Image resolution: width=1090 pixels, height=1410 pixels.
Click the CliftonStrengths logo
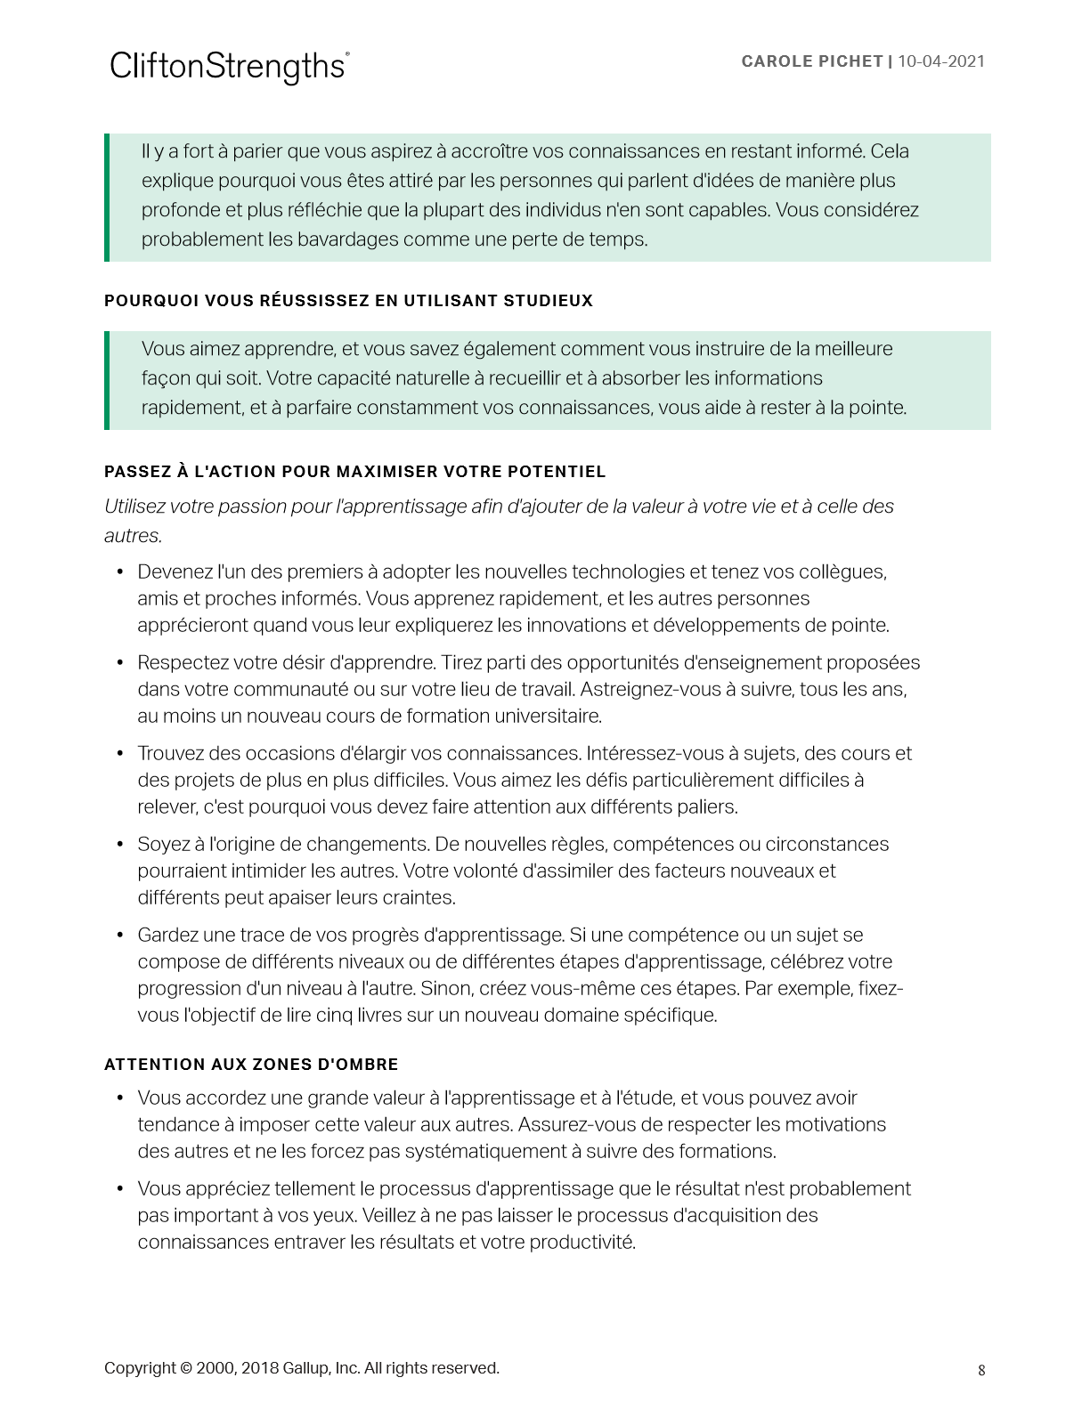pyautogui.click(x=229, y=67)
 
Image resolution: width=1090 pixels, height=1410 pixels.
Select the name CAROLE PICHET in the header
pyautogui.click(x=811, y=61)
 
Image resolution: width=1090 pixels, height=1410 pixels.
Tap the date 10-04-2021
pyautogui.click(x=941, y=61)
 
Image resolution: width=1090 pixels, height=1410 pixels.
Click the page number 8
pyautogui.click(x=981, y=1370)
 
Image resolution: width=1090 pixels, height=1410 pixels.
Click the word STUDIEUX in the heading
pyautogui.click(x=549, y=301)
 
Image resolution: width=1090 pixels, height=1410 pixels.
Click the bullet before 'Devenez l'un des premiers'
pyautogui.click(x=120, y=571)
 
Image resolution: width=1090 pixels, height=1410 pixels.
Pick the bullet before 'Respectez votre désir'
pyautogui.click(x=120, y=662)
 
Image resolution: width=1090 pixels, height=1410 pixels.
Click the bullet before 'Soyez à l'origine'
pyautogui.click(x=120, y=844)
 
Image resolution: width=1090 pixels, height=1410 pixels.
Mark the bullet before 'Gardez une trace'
pyautogui.click(x=120, y=935)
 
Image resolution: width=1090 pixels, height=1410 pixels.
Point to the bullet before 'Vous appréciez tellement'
pyautogui.click(x=120, y=1188)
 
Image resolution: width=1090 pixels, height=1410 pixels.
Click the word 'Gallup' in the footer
pyautogui.click(x=305, y=1368)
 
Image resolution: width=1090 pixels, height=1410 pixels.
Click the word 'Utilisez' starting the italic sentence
pyautogui.click(x=134, y=506)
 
